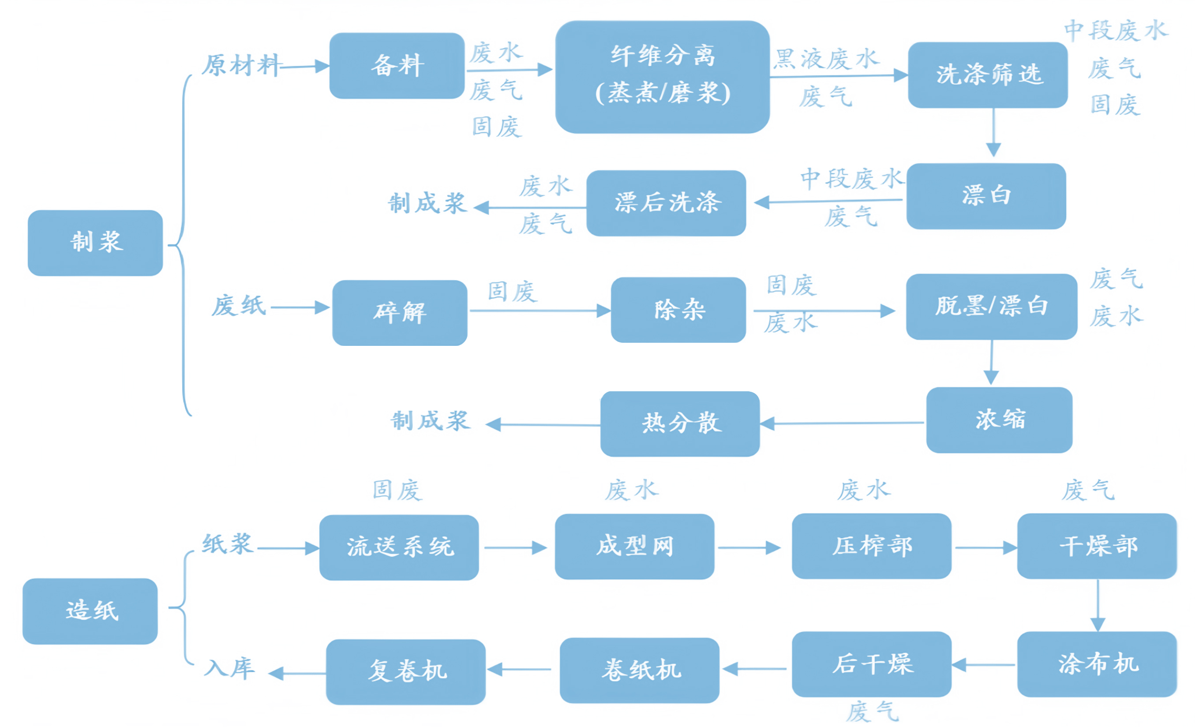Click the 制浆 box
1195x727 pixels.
click(x=96, y=243)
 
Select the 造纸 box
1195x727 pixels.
click(x=90, y=611)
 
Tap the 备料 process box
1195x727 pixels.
click(x=397, y=66)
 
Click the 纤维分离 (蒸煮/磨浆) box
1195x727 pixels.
click(x=663, y=77)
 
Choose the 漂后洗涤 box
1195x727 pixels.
click(x=667, y=203)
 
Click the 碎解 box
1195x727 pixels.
click(x=400, y=313)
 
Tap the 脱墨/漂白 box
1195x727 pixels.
click(x=992, y=307)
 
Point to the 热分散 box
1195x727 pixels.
click(x=680, y=424)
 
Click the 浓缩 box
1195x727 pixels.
click(x=999, y=420)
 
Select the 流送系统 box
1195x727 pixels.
click(x=399, y=547)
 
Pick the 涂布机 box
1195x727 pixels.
click(x=1097, y=664)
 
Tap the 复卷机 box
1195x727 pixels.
click(x=406, y=672)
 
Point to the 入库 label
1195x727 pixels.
click(x=229, y=669)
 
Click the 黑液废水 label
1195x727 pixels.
click(x=826, y=59)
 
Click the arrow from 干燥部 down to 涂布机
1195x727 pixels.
click(x=1098, y=605)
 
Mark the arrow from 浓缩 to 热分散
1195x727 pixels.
click(x=842, y=423)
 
